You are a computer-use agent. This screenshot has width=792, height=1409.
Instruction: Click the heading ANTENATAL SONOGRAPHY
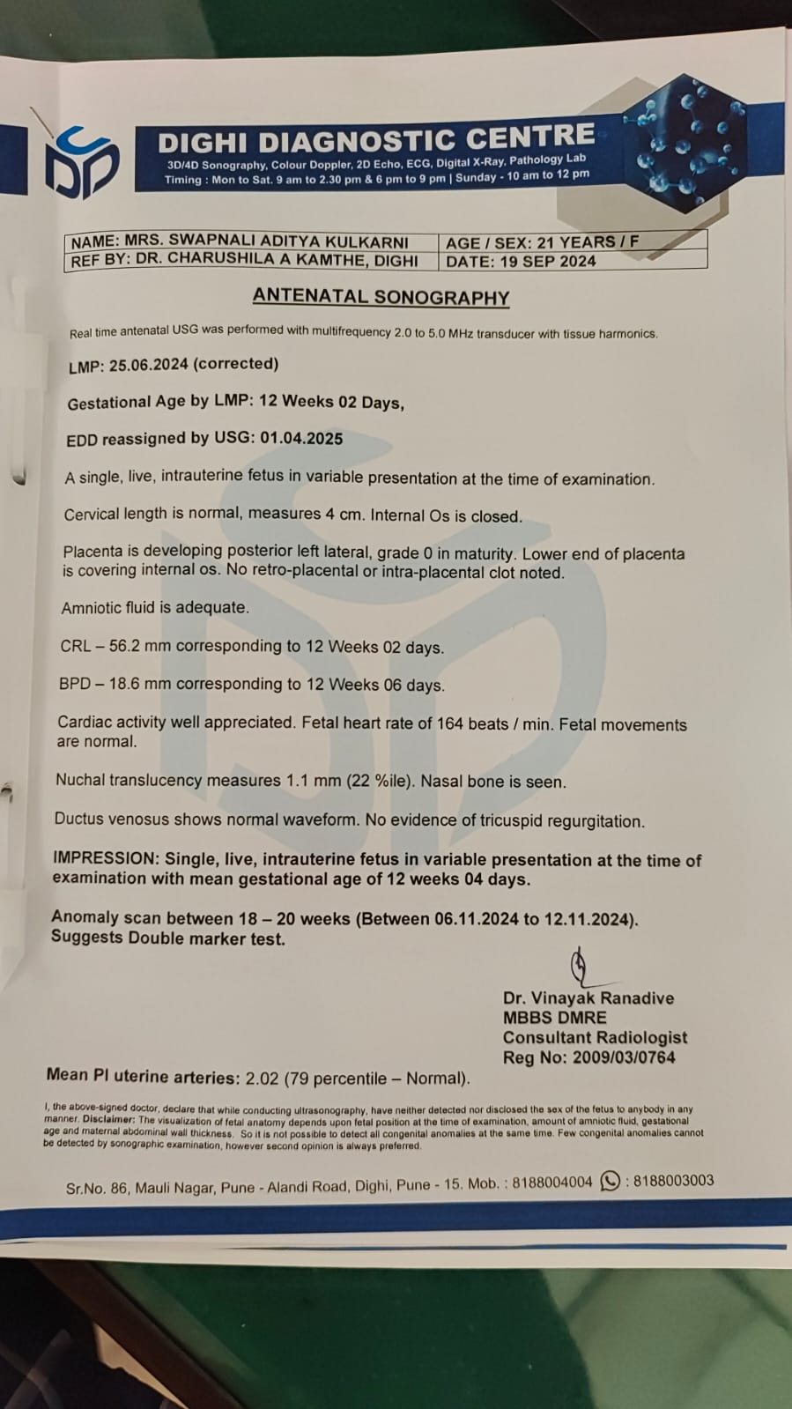point(381,297)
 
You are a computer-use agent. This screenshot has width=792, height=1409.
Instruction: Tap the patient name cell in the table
point(240,241)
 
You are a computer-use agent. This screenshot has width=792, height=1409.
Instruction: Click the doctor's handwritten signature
point(581,967)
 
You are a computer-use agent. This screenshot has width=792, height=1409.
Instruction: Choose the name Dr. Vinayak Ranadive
point(588,998)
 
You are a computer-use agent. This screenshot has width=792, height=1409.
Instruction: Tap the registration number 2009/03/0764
point(624,1057)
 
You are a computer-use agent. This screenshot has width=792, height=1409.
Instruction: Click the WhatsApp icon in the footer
point(609,1182)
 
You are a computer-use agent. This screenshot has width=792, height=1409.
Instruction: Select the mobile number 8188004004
point(552,1183)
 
